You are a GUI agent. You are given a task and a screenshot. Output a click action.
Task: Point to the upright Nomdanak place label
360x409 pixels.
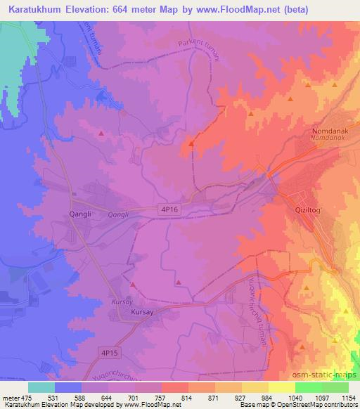point(328,131)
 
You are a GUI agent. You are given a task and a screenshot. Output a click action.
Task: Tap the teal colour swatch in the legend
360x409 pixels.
point(41,387)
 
